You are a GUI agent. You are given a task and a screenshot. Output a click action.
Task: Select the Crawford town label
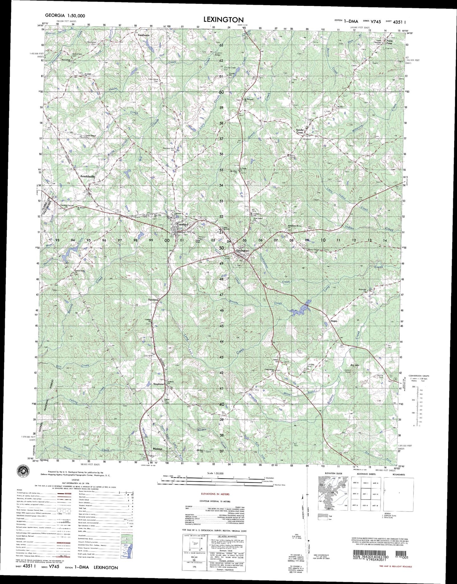pos(182,224)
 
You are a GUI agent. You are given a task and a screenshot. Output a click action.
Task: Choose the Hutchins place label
pos(153,299)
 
